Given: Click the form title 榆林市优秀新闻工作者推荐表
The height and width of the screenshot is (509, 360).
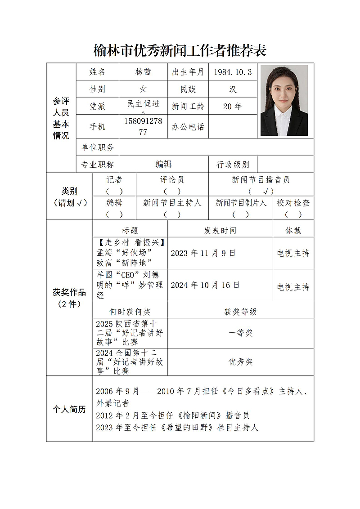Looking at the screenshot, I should [x=180, y=50].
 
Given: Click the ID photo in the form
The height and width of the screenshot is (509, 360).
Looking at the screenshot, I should [x=284, y=101].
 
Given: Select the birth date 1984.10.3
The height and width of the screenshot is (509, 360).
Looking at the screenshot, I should [x=233, y=72].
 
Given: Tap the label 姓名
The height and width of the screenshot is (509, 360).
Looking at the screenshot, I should [x=98, y=72].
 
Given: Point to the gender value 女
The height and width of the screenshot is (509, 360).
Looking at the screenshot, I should [x=143, y=89].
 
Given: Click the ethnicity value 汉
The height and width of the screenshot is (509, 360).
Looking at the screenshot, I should [x=233, y=89].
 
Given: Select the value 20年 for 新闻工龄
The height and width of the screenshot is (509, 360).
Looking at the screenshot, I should [x=233, y=107].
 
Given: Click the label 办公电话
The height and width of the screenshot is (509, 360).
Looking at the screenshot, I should [x=188, y=127].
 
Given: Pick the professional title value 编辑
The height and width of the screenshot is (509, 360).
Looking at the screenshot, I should [x=164, y=165].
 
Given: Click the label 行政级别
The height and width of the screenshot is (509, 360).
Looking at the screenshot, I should [x=233, y=165].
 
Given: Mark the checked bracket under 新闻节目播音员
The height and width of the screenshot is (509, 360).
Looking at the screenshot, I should [x=261, y=191].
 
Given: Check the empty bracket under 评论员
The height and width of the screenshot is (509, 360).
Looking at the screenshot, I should [x=172, y=191].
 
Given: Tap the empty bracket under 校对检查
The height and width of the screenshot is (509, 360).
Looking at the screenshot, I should [x=293, y=214].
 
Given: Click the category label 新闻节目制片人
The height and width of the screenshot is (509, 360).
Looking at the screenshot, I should [x=241, y=203].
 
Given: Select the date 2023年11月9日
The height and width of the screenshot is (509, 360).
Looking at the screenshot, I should [x=203, y=253].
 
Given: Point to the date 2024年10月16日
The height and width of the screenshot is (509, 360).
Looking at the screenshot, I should [x=205, y=286].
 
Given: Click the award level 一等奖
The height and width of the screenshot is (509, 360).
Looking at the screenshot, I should [x=241, y=333].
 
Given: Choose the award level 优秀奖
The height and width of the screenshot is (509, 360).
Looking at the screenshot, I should [x=241, y=362].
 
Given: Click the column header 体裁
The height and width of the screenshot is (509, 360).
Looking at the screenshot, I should [x=293, y=231].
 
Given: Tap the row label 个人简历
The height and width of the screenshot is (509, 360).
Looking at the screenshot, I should [x=69, y=410].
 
